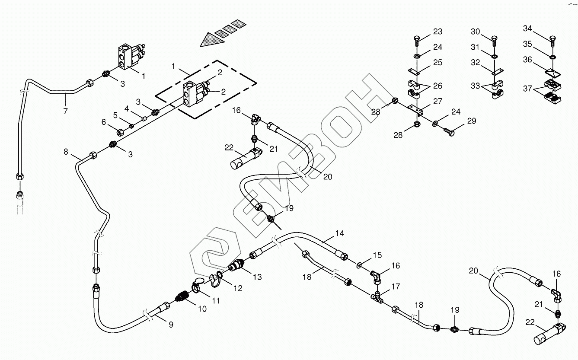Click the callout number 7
[x=65, y=111]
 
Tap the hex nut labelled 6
[x=121, y=133]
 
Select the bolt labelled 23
[x=417, y=41]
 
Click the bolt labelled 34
[x=552, y=41]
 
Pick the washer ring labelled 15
[x=359, y=265]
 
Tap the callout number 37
[x=527, y=89]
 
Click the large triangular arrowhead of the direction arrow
[x=212, y=40]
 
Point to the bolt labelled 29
[x=449, y=132]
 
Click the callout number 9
[x=171, y=325]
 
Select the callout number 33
[x=475, y=86]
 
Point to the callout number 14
[x=339, y=233]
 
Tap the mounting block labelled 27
[x=415, y=109]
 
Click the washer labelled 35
[x=552, y=57]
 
